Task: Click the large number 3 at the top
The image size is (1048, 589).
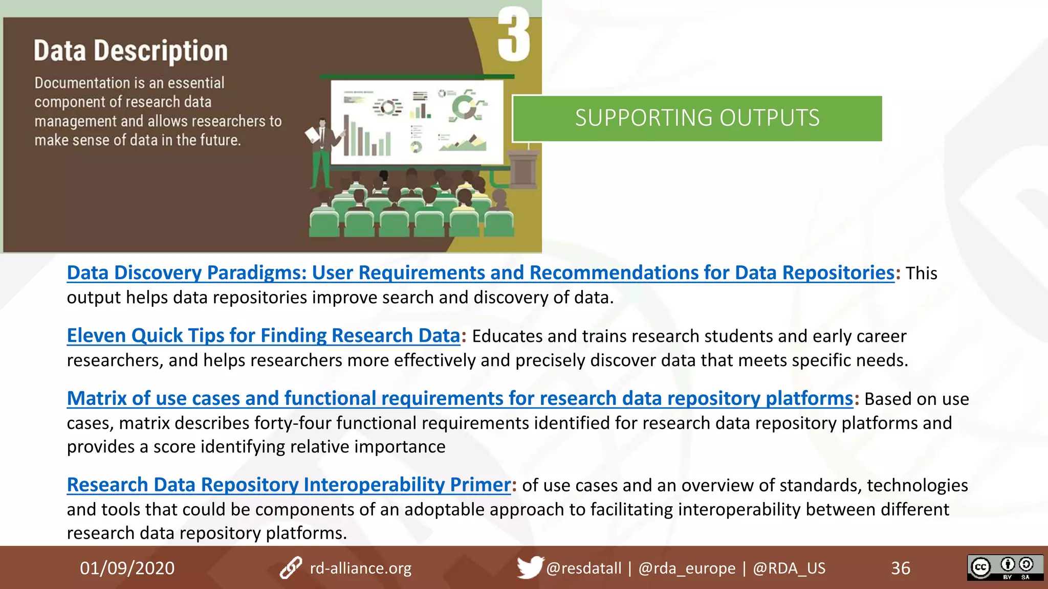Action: pos(513,35)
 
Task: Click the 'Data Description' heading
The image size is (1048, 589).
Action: pos(130,51)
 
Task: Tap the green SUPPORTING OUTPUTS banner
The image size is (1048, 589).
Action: pos(697,118)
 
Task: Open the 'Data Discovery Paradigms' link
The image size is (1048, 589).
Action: pos(480,273)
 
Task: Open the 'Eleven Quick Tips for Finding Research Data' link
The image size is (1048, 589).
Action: pos(264,336)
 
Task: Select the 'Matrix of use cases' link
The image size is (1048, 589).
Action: pos(460,399)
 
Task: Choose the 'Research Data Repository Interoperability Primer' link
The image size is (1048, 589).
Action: pos(289,485)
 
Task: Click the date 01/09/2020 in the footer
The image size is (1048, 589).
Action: pos(127,568)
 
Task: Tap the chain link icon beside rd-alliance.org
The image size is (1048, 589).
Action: pos(291,568)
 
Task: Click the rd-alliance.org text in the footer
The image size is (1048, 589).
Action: pos(360,568)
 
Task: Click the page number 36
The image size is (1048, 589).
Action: pos(900,568)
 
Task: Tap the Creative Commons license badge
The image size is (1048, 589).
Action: pos(1005,568)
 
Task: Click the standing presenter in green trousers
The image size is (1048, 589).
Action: pos(322,153)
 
